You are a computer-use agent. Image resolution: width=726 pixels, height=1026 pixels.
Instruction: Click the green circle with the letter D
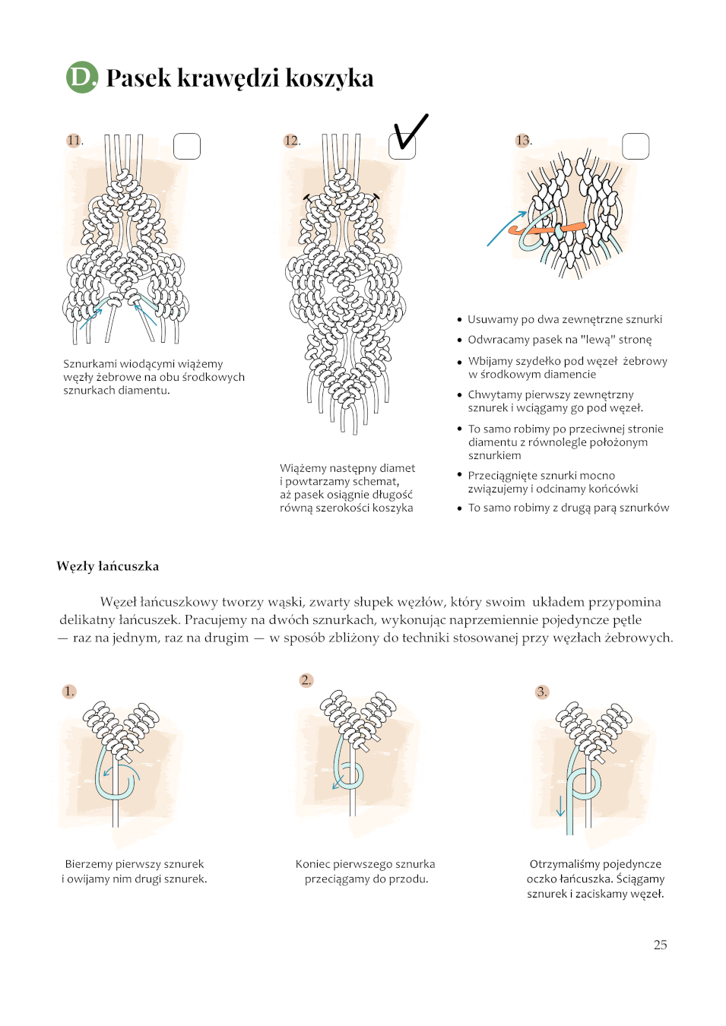[x=82, y=78]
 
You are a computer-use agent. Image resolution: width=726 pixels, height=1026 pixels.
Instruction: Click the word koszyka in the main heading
[x=330, y=78]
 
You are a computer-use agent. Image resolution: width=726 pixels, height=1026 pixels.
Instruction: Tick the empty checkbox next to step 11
[x=187, y=147]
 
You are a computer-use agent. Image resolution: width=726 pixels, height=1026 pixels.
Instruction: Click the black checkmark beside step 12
[x=411, y=132]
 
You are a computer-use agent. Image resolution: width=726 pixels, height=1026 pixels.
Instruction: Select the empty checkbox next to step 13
[x=636, y=147]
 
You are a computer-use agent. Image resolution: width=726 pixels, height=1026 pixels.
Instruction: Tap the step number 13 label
[x=523, y=140]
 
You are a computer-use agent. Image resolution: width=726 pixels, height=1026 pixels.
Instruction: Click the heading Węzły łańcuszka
[x=108, y=567]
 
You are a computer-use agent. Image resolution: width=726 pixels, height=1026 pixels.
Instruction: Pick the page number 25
[x=660, y=945]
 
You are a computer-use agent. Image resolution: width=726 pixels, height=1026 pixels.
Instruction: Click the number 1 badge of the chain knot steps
[x=69, y=691]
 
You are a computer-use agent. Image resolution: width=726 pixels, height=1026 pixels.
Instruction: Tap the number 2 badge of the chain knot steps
[x=306, y=680]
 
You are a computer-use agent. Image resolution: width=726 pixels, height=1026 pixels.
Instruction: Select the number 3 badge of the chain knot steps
[x=542, y=692]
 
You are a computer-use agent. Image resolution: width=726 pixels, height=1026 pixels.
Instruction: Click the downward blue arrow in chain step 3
[x=560, y=806]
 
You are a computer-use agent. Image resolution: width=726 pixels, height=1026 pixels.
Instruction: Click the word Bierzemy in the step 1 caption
[x=89, y=864]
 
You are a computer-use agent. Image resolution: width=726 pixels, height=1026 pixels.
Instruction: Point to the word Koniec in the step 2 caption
[x=313, y=864]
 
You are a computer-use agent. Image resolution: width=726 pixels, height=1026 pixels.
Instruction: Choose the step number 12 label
[x=291, y=140]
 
